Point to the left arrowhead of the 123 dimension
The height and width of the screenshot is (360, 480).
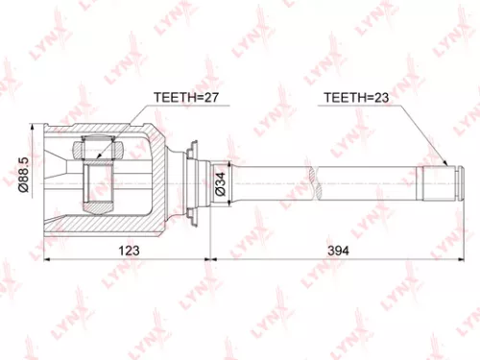pyautogui.click(x=47, y=259)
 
